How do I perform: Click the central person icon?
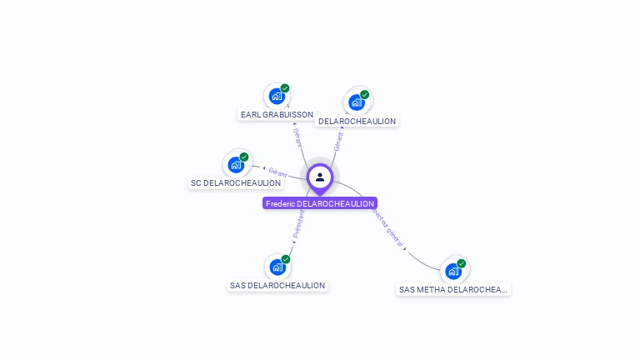click(x=320, y=177)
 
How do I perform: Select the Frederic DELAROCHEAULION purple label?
click(x=320, y=203)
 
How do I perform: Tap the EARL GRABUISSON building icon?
click(x=277, y=97)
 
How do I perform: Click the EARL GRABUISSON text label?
click(x=277, y=115)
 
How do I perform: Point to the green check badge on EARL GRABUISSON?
click(x=285, y=88)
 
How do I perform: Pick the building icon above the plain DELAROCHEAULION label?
click(x=357, y=102)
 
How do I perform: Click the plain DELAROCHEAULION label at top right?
click(x=357, y=122)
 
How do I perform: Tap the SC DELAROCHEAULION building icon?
click(x=236, y=165)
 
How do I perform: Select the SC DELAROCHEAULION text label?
click(x=236, y=183)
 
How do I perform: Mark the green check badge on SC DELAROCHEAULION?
click(x=244, y=157)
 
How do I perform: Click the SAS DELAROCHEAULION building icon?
click(x=277, y=267)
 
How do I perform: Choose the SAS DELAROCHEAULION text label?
click(x=277, y=286)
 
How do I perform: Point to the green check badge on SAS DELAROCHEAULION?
click(x=286, y=259)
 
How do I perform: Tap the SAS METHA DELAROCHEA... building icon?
click(x=453, y=271)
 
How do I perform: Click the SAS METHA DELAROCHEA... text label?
click(x=453, y=290)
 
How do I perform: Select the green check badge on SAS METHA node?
click(x=462, y=263)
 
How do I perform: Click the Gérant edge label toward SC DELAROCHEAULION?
click(x=277, y=172)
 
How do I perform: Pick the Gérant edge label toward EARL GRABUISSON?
click(x=297, y=137)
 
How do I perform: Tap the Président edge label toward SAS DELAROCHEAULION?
click(x=298, y=222)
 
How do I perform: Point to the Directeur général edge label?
click(x=389, y=227)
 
